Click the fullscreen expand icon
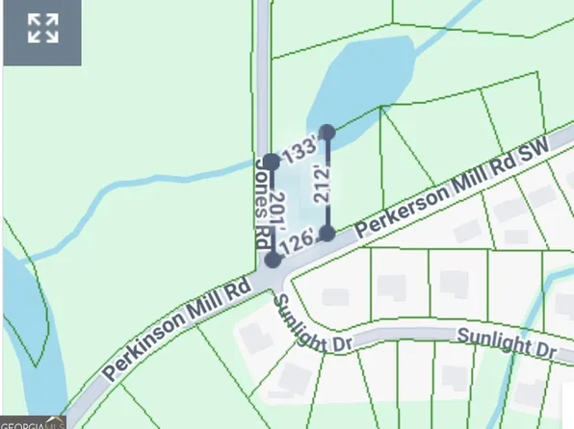[x=42, y=29]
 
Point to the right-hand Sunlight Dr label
[x=508, y=343]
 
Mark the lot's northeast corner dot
[x=327, y=132]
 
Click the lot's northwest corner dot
[x=272, y=161]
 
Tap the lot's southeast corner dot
[x=327, y=233]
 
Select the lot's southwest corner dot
[x=273, y=260]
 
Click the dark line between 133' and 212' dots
[x=300, y=146]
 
